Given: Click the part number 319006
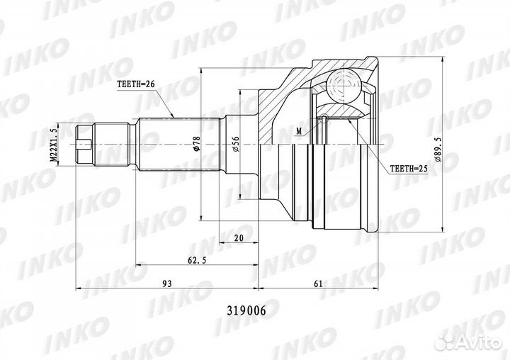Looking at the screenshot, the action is pyautogui.click(x=246, y=311).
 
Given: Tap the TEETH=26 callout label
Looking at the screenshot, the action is pyautogui.click(x=135, y=84).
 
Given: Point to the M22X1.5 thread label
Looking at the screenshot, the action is pyautogui.click(x=53, y=145).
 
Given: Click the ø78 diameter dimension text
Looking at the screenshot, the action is pyautogui.click(x=196, y=144).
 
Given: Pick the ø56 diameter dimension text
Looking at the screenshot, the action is pyautogui.click(x=236, y=144).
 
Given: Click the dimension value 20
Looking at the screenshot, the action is pyautogui.click(x=239, y=238).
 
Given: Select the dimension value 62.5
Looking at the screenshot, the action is pyautogui.click(x=197, y=260).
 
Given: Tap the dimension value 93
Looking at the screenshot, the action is pyautogui.click(x=167, y=283).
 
